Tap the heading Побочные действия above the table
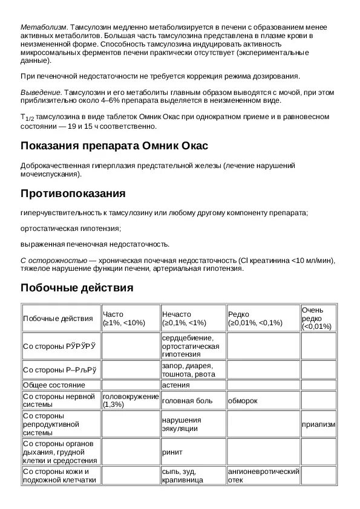click(x=77, y=288)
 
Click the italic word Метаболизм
click(x=44, y=28)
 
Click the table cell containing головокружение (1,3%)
click(x=130, y=400)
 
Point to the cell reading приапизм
click(x=318, y=424)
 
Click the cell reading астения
click(x=176, y=384)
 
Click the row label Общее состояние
click(x=54, y=384)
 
